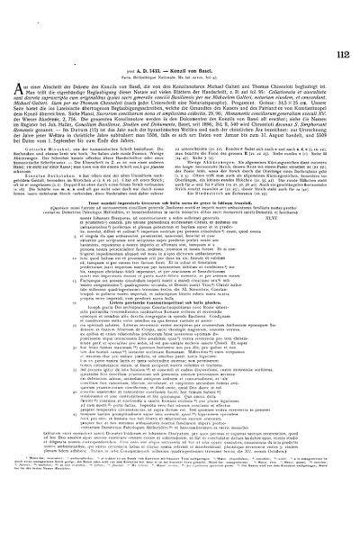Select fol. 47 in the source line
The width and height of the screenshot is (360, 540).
coord(215,50)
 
